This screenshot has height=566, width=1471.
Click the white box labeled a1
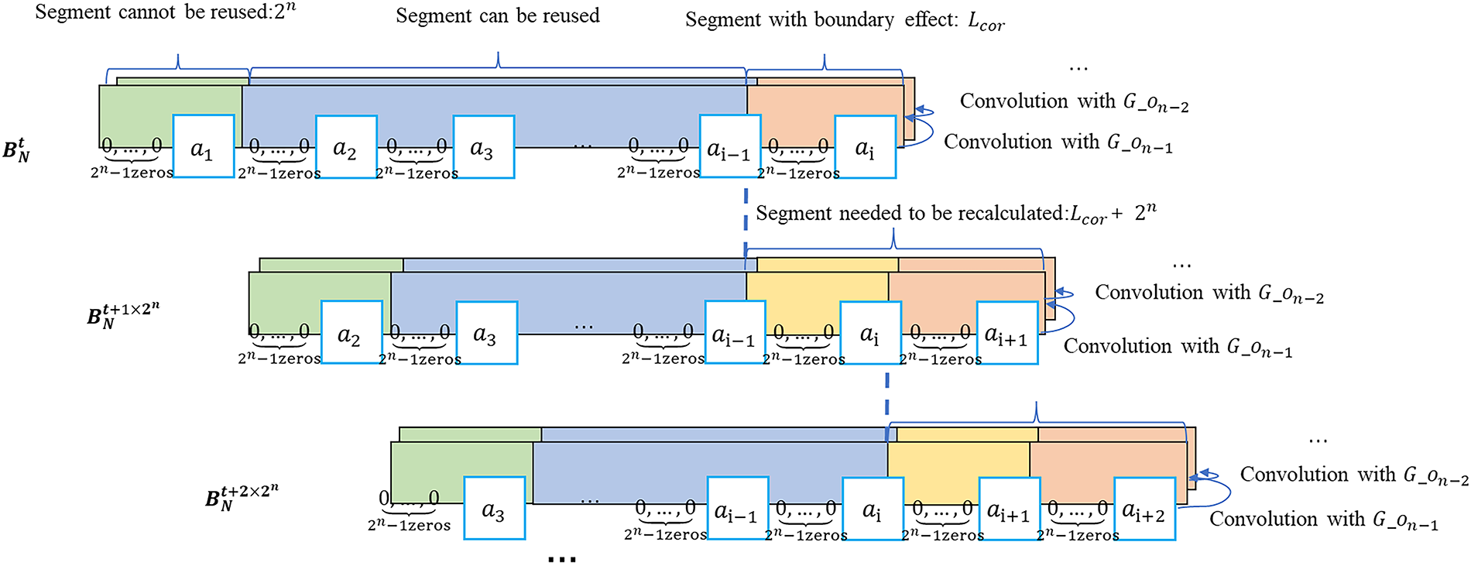coord(203,147)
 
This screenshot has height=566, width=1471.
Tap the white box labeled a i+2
coord(1144,509)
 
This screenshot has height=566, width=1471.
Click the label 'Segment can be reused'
coord(498,16)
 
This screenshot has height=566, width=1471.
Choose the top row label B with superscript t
coord(16,149)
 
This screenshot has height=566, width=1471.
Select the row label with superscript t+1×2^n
coord(122,314)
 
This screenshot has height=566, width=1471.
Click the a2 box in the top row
coord(345,147)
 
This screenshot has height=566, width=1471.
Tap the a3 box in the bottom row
coord(494,508)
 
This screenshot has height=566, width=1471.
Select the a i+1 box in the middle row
coord(1006,333)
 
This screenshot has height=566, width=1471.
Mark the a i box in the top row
coord(865,147)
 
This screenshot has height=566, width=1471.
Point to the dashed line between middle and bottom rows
coord(887,395)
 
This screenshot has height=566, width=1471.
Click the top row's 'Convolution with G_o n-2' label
coord(1073,101)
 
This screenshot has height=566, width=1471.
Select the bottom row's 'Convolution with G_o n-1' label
coord(1323,520)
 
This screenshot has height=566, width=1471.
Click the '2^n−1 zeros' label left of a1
coord(132,173)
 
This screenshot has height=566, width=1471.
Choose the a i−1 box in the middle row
coord(734,333)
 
